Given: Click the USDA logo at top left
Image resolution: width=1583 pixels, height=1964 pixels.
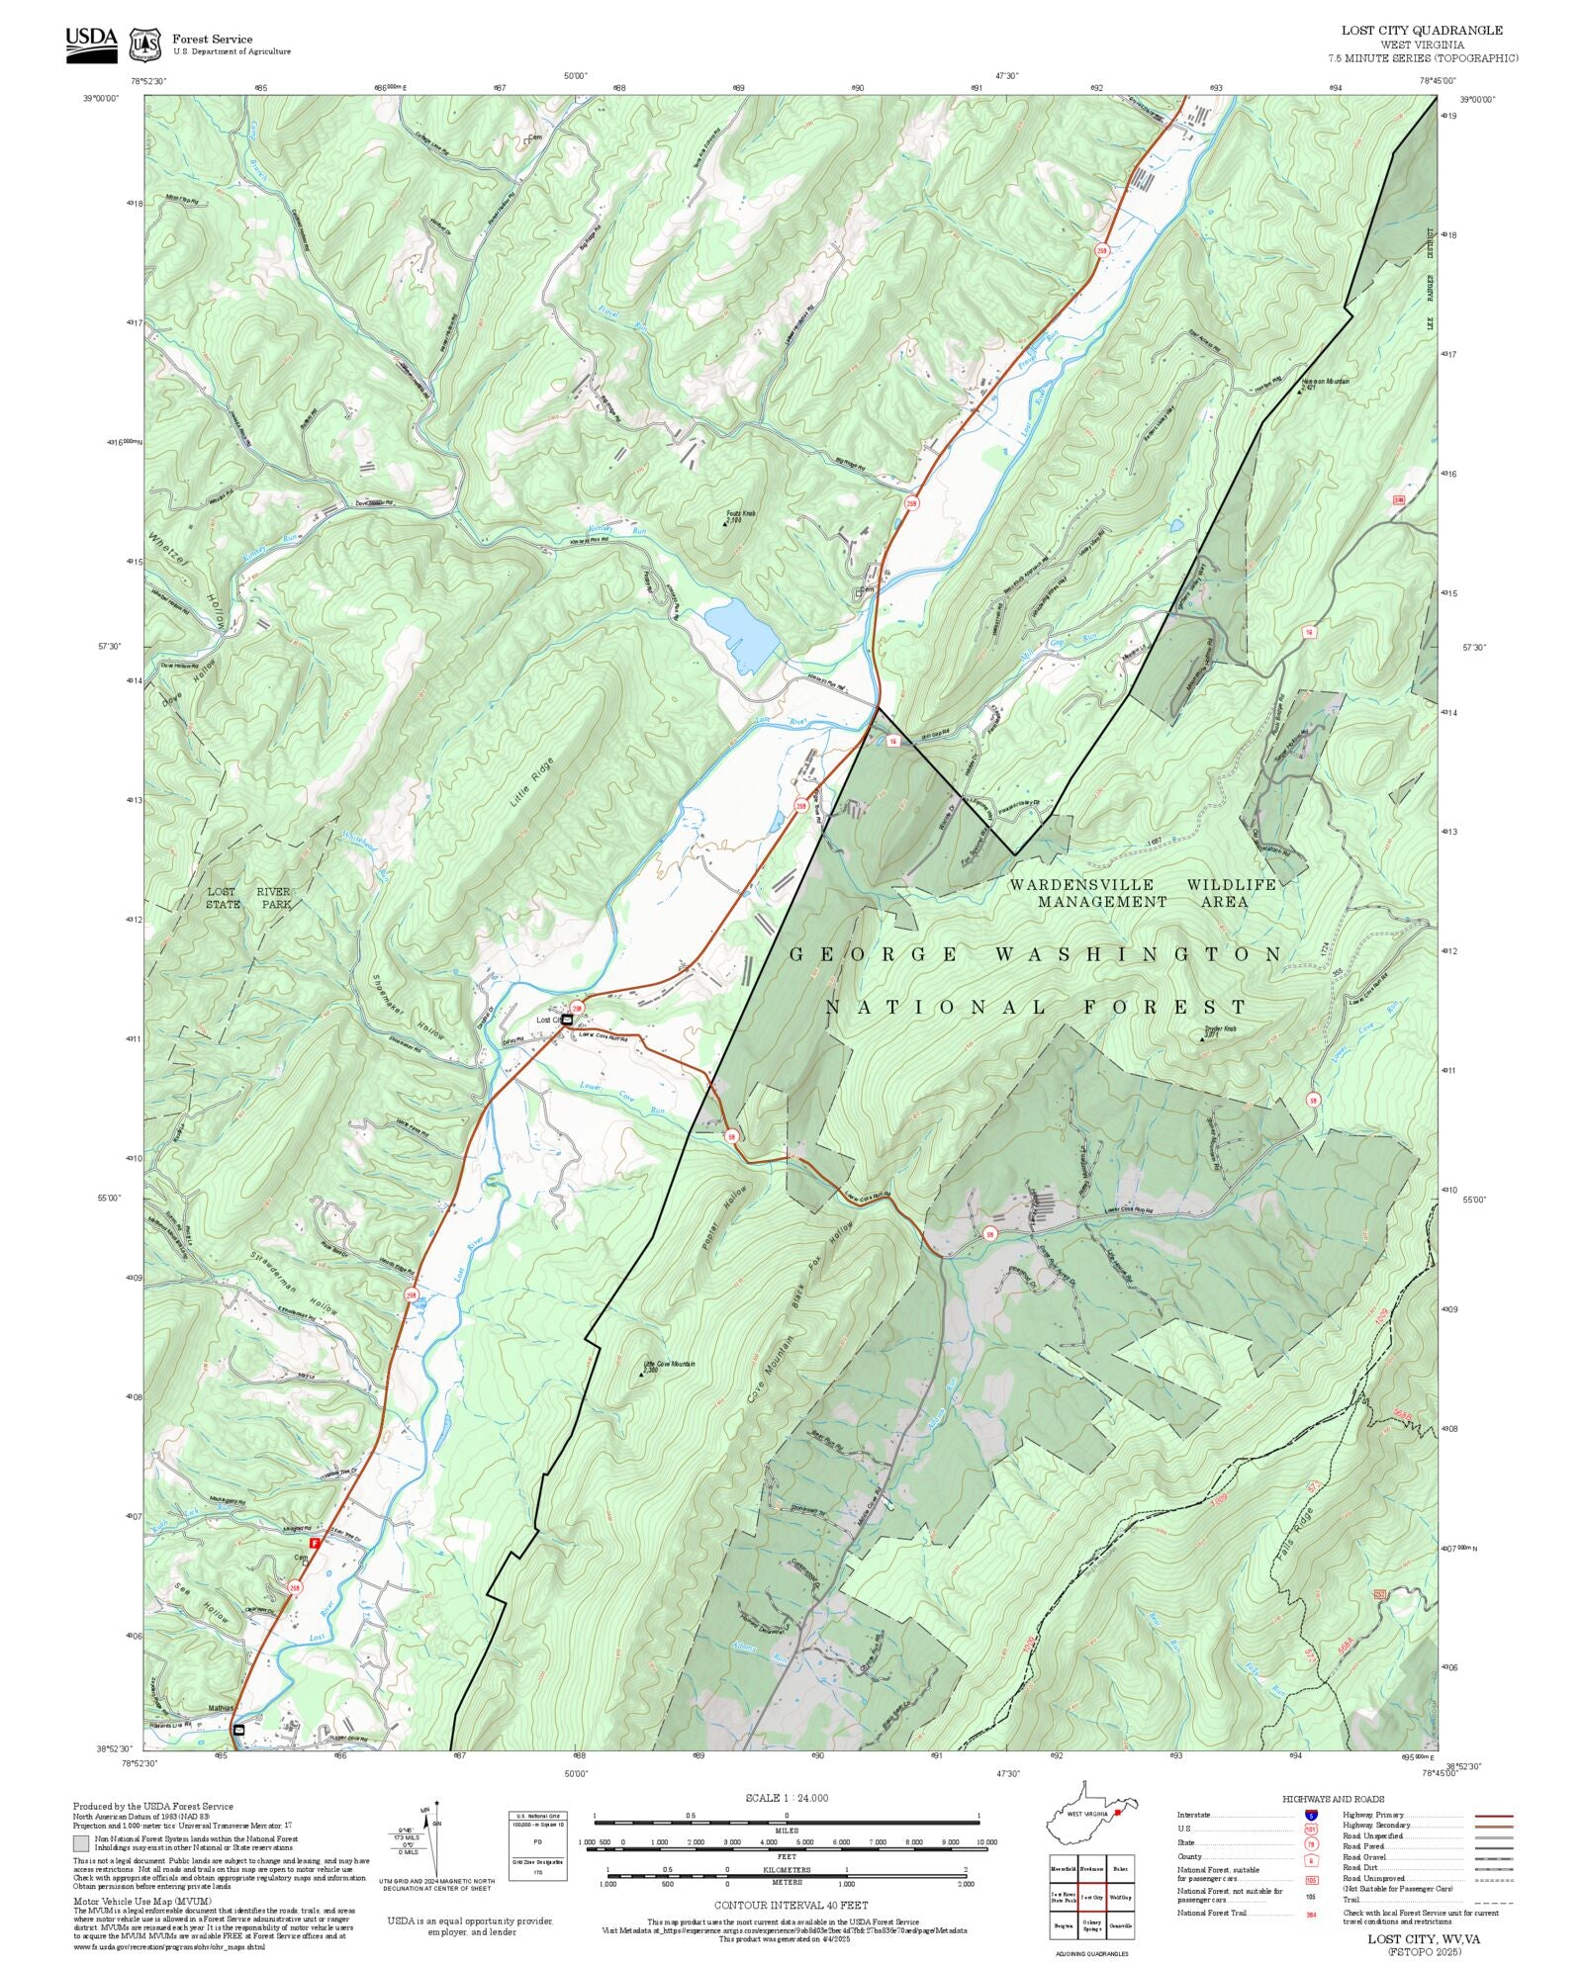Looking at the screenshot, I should coord(91,45).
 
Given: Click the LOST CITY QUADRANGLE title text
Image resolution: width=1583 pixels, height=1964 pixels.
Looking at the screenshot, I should coord(1422,31).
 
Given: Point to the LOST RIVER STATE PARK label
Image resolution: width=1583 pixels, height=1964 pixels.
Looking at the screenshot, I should coord(248,897).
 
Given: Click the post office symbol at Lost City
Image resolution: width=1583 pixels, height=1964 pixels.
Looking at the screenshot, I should coord(568,1019).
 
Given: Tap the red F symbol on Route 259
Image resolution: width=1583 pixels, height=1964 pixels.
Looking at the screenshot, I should coord(315,1543).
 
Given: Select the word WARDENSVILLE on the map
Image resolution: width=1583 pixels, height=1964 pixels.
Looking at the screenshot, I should coord(1081,884).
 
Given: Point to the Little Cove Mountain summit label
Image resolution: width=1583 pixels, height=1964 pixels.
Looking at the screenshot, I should coord(669,1365).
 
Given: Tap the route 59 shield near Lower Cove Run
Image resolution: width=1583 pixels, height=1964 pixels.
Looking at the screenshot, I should coord(730,1135).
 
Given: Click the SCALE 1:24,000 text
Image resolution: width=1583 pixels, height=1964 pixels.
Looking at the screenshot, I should coord(787,1798).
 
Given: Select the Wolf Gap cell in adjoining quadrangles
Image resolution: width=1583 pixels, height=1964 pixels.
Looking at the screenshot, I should coord(1120,1898).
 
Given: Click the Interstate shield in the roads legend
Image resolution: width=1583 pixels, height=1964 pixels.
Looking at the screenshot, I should coord(1311,1816).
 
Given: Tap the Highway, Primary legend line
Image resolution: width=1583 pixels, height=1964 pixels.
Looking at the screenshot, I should coord(1494,1816).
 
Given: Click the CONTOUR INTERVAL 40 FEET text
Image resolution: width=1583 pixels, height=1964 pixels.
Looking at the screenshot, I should coord(791,1904).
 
